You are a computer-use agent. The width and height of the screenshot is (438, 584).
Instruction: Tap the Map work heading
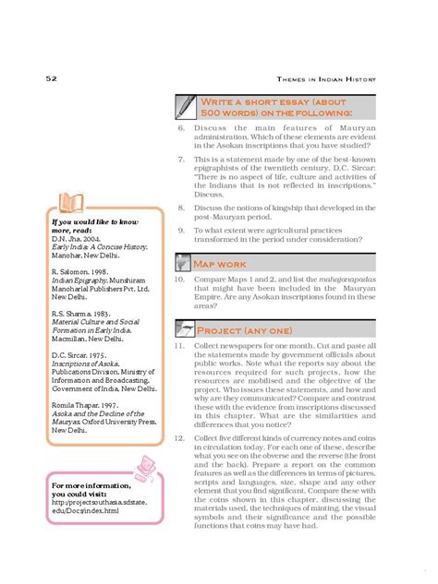222,265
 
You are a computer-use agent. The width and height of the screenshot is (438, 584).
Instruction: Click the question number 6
182,128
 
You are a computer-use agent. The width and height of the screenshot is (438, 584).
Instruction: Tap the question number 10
179,278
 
